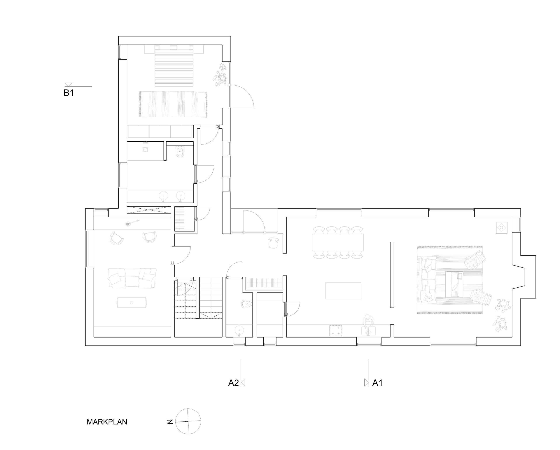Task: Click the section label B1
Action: pos(69,93)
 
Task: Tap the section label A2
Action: pos(233,383)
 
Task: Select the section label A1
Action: pos(377,383)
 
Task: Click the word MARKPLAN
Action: pos(107,422)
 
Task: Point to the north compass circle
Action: pos(188,421)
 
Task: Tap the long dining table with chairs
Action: pos(338,243)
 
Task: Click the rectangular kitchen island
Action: pos(343,291)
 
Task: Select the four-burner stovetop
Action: pos(335,331)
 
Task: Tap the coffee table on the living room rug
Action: pos(454,284)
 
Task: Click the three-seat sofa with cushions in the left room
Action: pos(132,278)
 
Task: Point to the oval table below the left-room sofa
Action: pos(132,302)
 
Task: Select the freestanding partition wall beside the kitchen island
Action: pos(392,275)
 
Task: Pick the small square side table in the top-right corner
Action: pos(502,228)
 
